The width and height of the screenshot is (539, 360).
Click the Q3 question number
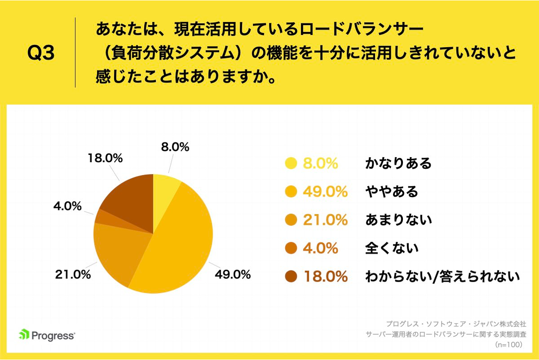[41, 53]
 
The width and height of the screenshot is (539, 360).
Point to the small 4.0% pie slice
[102, 217]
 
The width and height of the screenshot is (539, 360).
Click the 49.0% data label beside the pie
[232, 274]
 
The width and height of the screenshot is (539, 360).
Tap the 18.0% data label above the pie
[105, 159]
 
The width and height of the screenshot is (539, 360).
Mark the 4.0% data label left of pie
[67, 206]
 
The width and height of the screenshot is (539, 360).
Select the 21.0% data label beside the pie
[73, 274]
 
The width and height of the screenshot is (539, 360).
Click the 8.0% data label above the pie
[175, 146]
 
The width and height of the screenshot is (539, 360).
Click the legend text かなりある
[398, 163]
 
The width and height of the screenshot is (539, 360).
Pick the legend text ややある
[391, 192]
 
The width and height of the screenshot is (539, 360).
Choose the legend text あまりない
[398, 220]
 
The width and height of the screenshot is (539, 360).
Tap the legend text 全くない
[391, 248]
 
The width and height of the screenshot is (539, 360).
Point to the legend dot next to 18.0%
[291, 277]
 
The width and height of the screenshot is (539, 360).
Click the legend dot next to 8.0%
[291, 163]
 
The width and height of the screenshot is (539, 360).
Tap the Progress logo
[47, 335]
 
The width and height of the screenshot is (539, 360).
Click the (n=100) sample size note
[510, 345]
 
